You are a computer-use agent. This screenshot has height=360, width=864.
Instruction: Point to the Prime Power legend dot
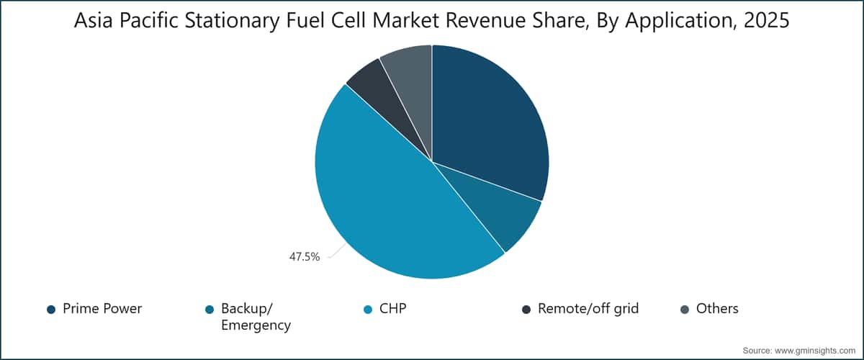pyautogui.click(x=51, y=310)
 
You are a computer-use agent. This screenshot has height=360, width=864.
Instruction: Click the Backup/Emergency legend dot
pyautogui.click(x=210, y=310)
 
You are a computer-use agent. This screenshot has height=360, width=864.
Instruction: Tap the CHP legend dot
pyautogui.click(x=368, y=310)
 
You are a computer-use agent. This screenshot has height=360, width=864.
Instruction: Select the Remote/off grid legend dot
pyautogui.click(x=526, y=310)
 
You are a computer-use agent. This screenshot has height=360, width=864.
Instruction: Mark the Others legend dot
pyautogui.click(x=685, y=310)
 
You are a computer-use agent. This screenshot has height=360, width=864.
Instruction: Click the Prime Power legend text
pyautogui.click(x=102, y=309)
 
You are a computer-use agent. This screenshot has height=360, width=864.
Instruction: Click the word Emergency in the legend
pyautogui.click(x=256, y=325)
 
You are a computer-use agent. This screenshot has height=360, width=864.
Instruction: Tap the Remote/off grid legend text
pyautogui.click(x=588, y=309)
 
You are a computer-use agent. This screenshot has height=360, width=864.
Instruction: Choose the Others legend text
pyautogui.click(x=718, y=309)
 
